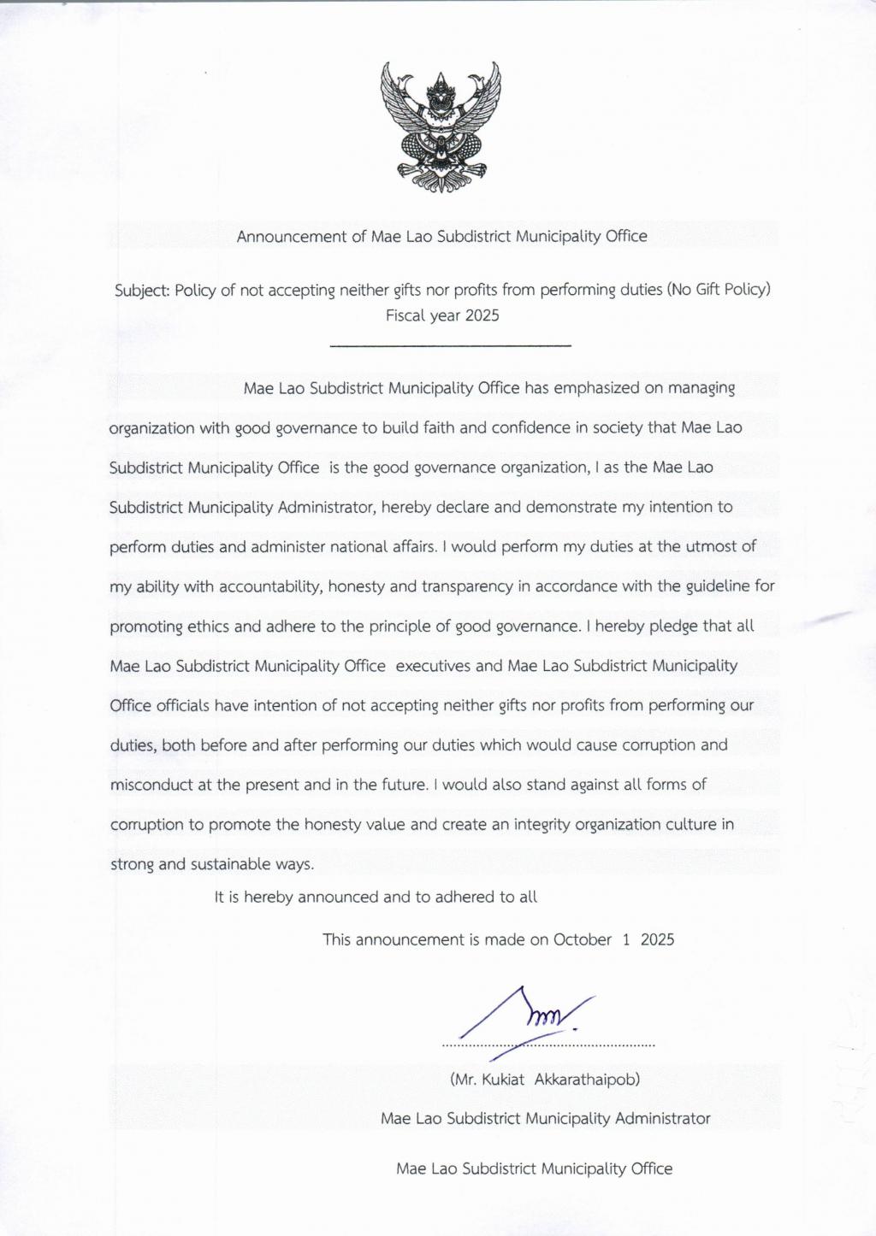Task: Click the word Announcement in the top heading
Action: [x=292, y=236]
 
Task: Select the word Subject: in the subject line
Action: [x=142, y=290]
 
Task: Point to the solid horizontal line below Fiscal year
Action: [x=450, y=345]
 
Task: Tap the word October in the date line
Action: [x=582, y=939]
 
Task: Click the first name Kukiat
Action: [x=503, y=1079]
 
